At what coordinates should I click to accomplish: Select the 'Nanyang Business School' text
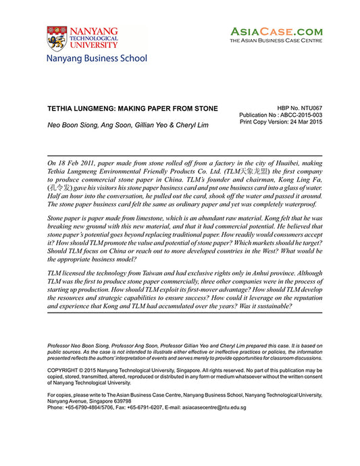pos(96,59)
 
